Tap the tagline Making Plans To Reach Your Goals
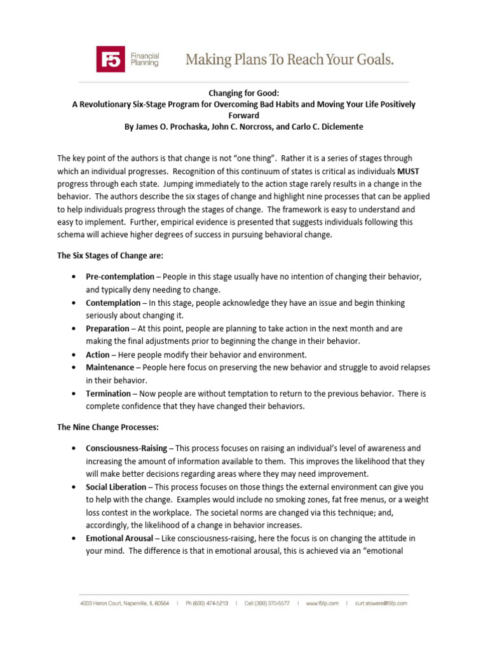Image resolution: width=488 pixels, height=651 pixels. (x=289, y=60)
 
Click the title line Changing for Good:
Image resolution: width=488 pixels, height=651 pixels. (x=244, y=93)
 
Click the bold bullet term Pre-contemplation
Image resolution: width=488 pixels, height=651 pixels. (x=120, y=277)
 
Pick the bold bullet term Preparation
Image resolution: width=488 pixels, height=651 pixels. (x=107, y=329)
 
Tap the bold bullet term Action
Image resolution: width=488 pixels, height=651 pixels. (x=98, y=355)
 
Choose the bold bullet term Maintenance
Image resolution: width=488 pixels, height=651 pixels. (x=110, y=367)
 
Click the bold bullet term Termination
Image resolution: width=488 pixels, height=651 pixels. (x=109, y=394)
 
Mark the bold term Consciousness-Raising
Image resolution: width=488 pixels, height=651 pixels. (x=126, y=448)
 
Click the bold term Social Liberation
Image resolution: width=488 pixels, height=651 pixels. (x=115, y=487)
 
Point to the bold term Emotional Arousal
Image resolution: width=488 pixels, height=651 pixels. (x=119, y=538)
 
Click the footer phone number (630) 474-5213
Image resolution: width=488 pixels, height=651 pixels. (x=208, y=603)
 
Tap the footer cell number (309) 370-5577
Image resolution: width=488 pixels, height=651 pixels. (x=271, y=603)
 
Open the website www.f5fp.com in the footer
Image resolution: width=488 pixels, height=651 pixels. (x=322, y=603)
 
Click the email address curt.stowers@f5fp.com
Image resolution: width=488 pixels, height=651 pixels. (x=381, y=603)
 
